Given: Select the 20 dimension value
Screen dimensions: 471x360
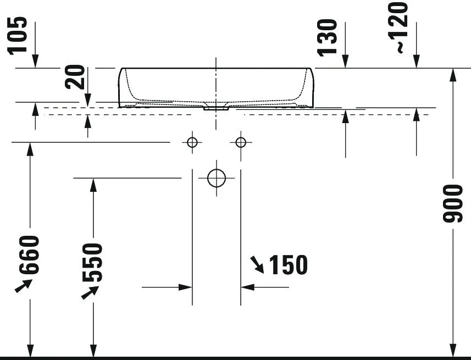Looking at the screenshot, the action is pos(75,77).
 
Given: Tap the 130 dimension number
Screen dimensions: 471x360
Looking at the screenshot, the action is pos(328,37).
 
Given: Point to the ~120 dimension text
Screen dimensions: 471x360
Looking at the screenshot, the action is pos(398,27).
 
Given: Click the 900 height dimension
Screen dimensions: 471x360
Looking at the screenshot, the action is pos(453,204).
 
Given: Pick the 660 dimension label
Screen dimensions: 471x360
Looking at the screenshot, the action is pos(29,255).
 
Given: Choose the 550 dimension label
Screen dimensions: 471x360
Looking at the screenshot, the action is pos(92,263).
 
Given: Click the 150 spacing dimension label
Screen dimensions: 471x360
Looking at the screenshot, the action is pos(289,265).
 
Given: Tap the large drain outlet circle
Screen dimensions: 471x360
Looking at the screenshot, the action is pos(217,178).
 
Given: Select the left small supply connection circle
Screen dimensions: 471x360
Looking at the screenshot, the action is pos(192,142).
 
